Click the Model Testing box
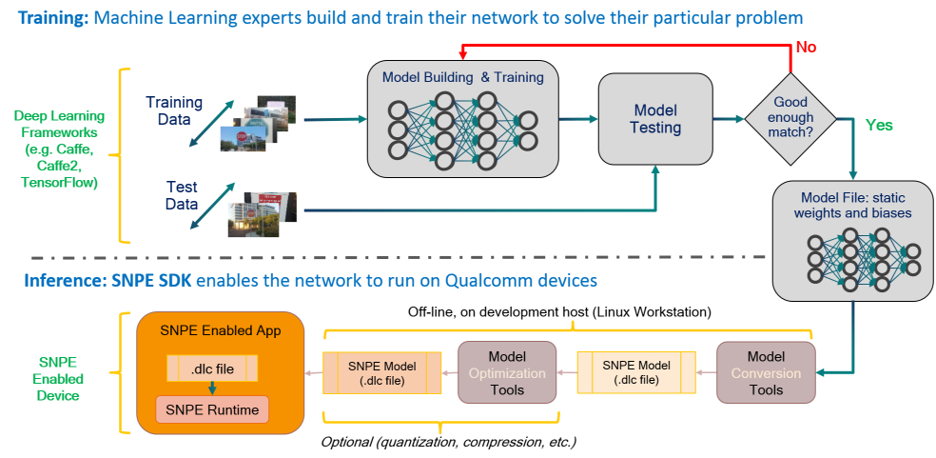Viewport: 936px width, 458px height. click(x=655, y=119)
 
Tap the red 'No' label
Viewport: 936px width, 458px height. click(x=806, y=47)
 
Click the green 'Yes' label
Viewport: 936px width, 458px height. click(x=878, y=125)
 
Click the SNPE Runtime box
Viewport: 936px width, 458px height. click(x=213, y=409)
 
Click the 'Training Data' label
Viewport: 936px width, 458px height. click(x=174, y=111)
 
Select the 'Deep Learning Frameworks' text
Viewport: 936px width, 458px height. click(x=57, y=149)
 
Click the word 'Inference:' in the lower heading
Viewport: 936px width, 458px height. click(x=62, y=281)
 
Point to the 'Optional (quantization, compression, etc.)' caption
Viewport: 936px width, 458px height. click(x=448, y=442)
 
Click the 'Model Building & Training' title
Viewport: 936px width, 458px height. click(x=462, y=77)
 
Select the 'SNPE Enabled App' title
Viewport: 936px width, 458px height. click(x=220, y=329)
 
